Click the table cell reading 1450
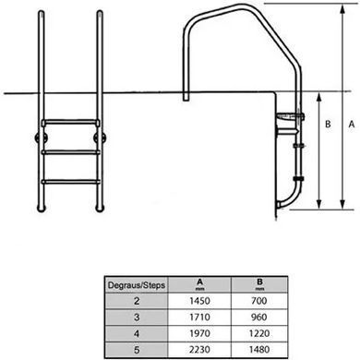coord(199,301)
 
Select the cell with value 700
coord(259,301)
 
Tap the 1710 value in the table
coord(199,317)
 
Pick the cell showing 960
coord(259,317)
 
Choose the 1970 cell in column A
coord(199,333)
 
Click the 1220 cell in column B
coord(259,333)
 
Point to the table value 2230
coord(199,350)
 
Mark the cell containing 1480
coord(259,350)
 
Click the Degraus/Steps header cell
coord(137,285)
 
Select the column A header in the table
coord(199,284)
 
